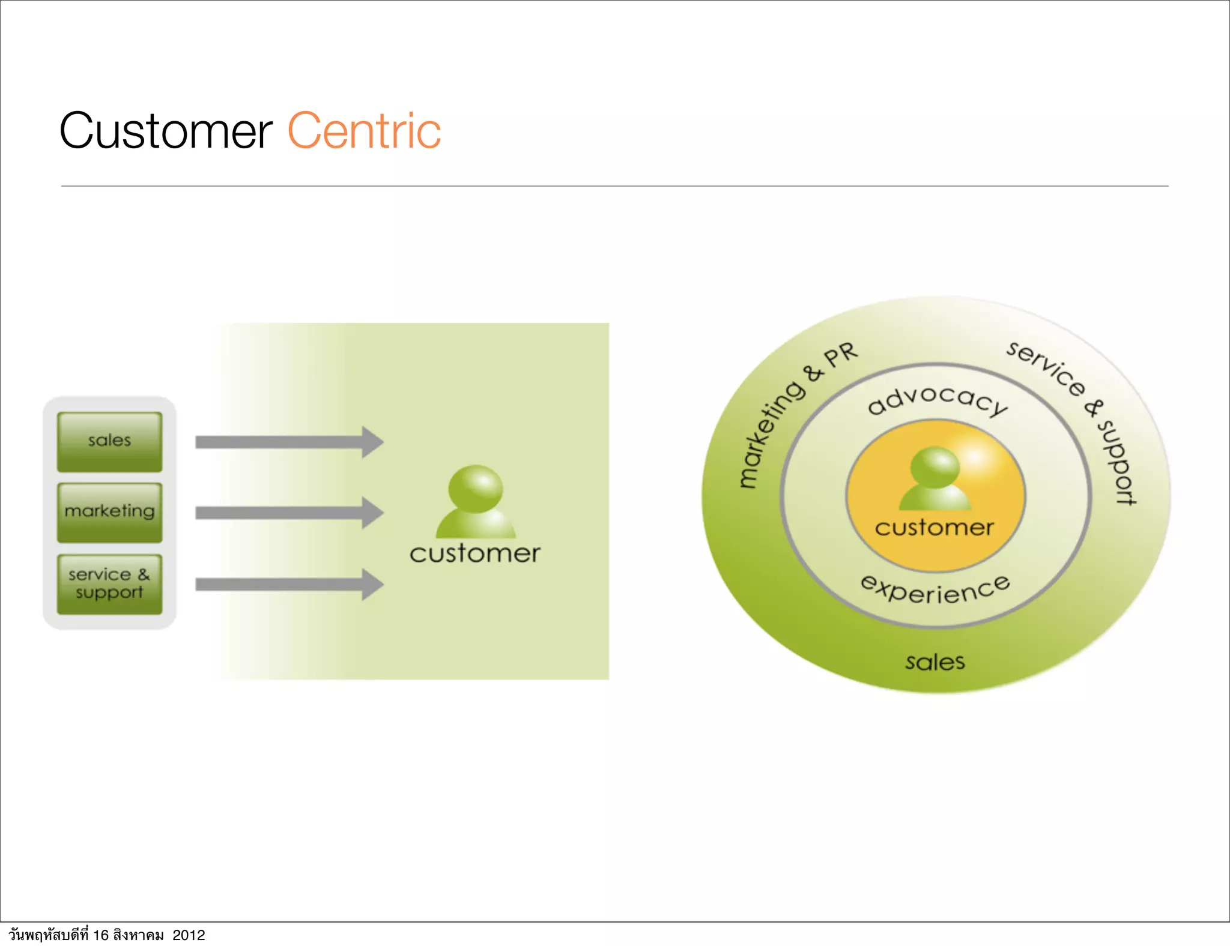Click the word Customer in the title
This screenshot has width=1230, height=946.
pyautogui.click(x=166, y=131)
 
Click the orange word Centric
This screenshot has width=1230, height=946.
pyautogui.click(x=364, y=131)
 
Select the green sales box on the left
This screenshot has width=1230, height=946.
pyautogui.click(x=109, y=441)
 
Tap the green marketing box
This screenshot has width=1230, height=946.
pyautogui.click(x=109, y=512)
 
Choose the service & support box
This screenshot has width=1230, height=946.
pyautogui.click(x=109, y=584)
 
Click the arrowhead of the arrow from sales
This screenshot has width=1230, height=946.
pyautogui.click(x=372, y=442)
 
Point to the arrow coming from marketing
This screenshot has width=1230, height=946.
pyautogui.click(x=288, y=513)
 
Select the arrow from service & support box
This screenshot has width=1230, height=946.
pyautogui.click(x=288, y=585)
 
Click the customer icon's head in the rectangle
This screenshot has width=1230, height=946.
pyautogui.click(x=476, y=488)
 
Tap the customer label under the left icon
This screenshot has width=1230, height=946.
pyautogui.click(x=474, y=553)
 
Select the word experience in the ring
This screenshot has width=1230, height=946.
pyautogui.click(x=936, y=590)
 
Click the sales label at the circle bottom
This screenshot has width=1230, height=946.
pyautogui.click(x=935, y=662)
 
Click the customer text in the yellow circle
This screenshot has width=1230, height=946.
pyautogui.click(x=935, y=528)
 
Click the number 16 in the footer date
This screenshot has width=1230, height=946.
pyautogui.click(x=100, y=935)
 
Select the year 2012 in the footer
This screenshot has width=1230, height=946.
pyautogui.click(x=189, y=935)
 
